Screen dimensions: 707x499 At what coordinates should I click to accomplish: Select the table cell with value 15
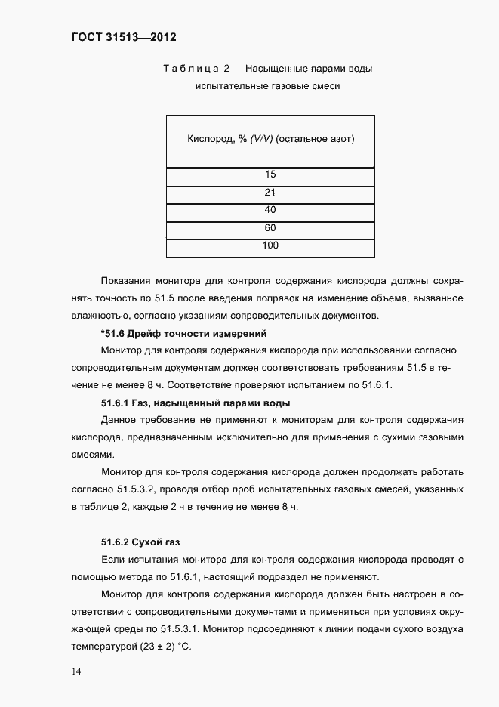tap(270, 175)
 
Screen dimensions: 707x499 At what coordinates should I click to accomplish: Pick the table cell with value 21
tap(270, 193)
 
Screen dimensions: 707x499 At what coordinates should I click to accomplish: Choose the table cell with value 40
tap(270, 210)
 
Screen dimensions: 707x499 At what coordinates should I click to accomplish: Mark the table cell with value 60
tap(270, 227)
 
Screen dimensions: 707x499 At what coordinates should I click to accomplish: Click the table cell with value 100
tap(270, 245)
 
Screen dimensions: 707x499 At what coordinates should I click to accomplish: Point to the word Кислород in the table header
tap(208, 139)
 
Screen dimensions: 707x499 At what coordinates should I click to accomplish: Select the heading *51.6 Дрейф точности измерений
tap(183, 332)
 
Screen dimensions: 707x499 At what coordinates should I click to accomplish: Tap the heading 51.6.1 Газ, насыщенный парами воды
tap(196, 403)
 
